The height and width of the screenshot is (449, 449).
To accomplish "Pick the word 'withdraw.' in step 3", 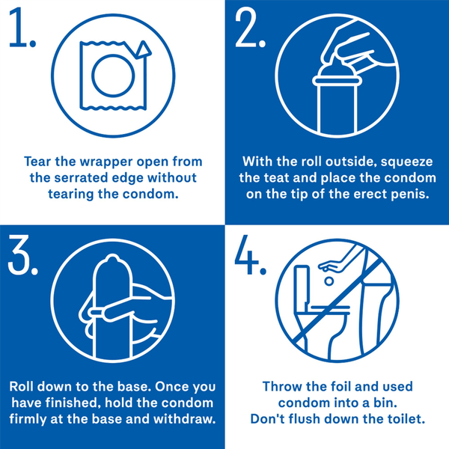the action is coord(185,419).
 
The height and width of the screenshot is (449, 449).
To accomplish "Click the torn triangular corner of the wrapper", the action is coord(143,49).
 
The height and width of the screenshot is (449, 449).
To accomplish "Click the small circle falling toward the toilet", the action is coord(329,281).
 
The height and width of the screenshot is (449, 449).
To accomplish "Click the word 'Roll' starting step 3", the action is coord(21,387).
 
